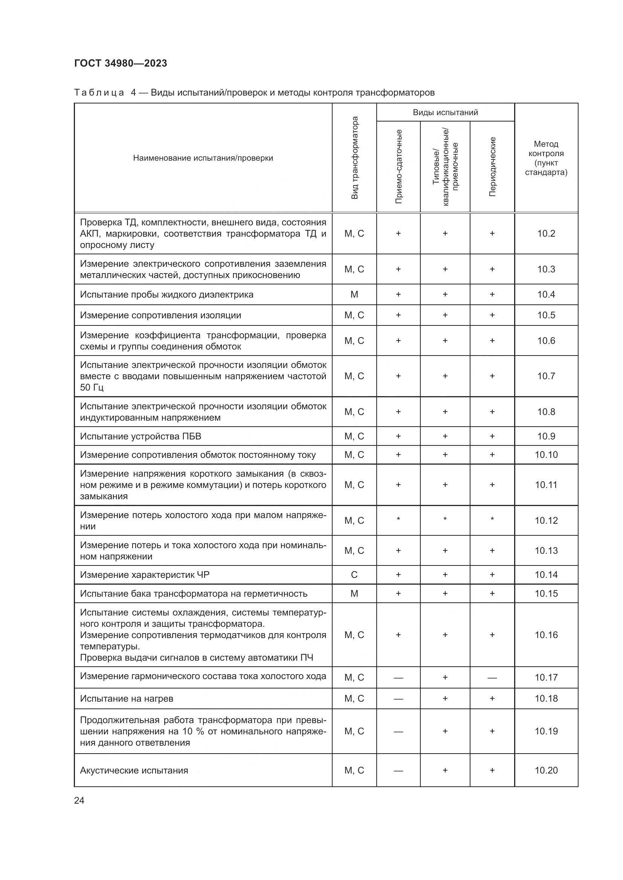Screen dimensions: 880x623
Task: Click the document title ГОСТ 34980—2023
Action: click(x=121, y=63)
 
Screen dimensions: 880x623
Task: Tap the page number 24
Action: click(x=79, y=800)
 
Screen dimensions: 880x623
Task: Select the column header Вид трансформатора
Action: click(x=354, y=158)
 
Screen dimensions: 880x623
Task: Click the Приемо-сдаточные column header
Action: click(x=399, y=166)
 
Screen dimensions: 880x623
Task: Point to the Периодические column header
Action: click(x=492, y=166)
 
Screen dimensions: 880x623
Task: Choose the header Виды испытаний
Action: click(x=445, y=112)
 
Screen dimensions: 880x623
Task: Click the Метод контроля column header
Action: click(x=546, y=158)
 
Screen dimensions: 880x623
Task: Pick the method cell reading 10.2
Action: click(x=546, y=233)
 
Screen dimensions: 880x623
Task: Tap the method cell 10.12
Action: click(x=546, y=520)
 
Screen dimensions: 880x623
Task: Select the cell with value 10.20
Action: click(x=546, y=771)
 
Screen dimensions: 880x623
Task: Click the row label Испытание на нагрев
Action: click(x=127, y=699)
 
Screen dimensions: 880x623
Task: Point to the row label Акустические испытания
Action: click(x=134, y=771)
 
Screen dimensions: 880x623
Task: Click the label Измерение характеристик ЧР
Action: click(x=145, y=575)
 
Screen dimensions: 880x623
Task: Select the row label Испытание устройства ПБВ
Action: click(x=140, y=436)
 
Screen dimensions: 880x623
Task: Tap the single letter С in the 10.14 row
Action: click(x=354, y=575)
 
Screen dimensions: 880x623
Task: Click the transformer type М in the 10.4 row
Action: click(x=354, y=295)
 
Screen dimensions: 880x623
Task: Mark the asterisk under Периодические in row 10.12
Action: click(x=492, y=520)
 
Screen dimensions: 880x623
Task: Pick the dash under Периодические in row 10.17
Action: click(x=492, y=678)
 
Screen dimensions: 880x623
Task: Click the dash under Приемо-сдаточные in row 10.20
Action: click(x=399, y=771)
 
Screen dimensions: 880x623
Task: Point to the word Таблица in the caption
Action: click(x=99, y=93)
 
